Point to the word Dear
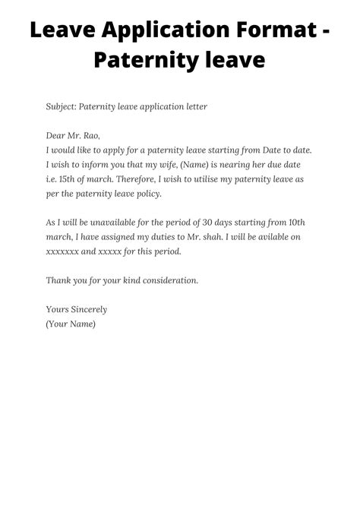tap(57, 136)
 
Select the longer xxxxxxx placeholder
tap(64, 251)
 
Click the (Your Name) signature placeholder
tap(71, 324)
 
